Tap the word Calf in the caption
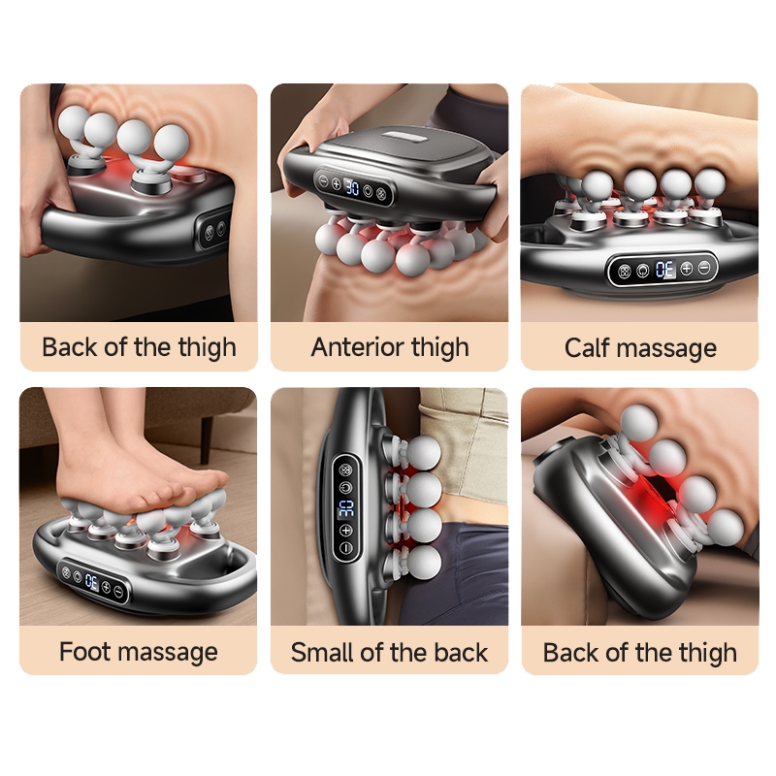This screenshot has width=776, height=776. pyautogui.click(x=587, y=347)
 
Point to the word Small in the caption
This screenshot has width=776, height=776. pyautogui.click(x=322, y=652)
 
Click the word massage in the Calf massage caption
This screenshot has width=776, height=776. pyautogui.click(x=667, y=349)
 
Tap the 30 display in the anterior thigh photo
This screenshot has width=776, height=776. pyautogui.click(x=352, y=187)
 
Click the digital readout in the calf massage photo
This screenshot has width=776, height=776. pyautogui.click(x=664, y=270)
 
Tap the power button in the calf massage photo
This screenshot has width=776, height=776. pyautogui.click(x=642, y=271)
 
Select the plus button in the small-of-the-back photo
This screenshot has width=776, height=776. pyautogui.click(x=346, y=531)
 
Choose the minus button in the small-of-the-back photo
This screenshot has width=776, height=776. pyautogui.click(x=346, y=548)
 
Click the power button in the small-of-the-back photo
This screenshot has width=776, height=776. pyautogui.click(x=346, y=488)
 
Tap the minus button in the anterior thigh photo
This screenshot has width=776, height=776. pyautogui.click(x=324, y=181)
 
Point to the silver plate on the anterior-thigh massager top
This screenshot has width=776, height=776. pyautogui.click(x=404, y=135)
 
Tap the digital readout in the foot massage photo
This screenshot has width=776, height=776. pyautogui.click(x=91, y=581)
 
